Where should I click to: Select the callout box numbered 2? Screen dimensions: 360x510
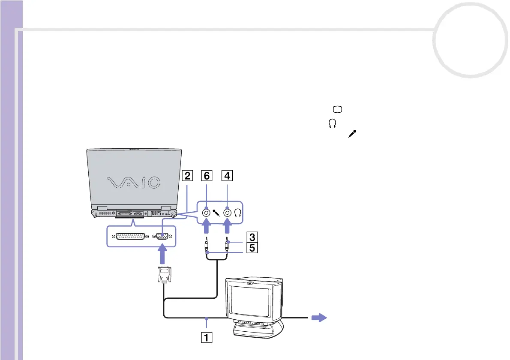[x=186, y=175]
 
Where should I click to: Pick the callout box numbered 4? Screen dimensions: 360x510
[x=228, y=175]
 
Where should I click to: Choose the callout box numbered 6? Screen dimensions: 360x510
[x=207, y=175]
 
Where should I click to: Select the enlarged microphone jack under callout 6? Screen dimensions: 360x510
[x=207, y=212]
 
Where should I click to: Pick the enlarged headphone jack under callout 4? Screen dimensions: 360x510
[x=228, y=212]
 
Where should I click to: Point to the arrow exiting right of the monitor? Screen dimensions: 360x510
[x=318, y=318]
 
